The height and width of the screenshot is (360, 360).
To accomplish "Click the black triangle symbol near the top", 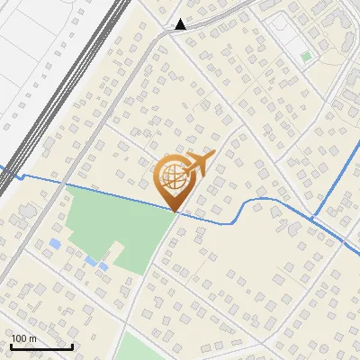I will click(x=182, y=24).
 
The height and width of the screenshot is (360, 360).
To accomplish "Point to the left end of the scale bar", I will click(x=11, y=346).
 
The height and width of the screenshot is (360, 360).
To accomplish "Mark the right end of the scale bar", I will click(x=72, y=346).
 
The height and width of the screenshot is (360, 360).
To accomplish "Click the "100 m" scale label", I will click(x=23, y=338).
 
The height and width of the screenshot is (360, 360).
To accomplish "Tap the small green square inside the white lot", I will click(x=306, y=57).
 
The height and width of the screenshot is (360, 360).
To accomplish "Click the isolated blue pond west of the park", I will click(x=56, y=244).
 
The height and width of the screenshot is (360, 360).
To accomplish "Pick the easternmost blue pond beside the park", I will click(x=103, y=266).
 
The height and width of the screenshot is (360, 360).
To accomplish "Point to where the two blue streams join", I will click(x=311, y=219).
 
